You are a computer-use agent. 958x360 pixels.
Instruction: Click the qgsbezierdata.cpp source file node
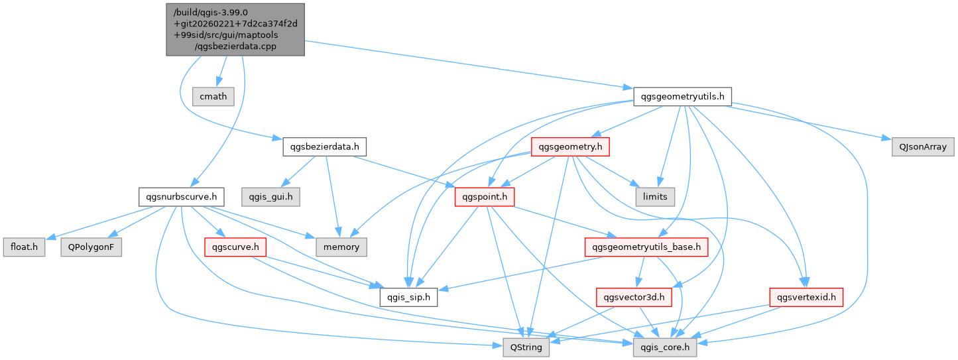pyautogui.click(x=235, y=29)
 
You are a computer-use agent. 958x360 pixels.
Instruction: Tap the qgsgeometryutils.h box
pyautogui.click(x=682, y=96)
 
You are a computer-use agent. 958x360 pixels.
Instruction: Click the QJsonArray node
pyautogui.click(x=918, y=146)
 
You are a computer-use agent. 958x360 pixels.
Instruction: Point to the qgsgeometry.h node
pyautogui.click(x=571, y=147)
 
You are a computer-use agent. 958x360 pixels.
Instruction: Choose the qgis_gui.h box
pyautogui.click(x=270, y=196)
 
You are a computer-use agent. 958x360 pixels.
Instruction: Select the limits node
pyautogui.click(x=655, y=196)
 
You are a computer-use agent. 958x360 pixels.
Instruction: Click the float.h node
pyautogui.click(x=23, y=247)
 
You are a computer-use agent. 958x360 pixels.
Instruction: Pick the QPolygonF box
pyautogui.click(x=91, y=247)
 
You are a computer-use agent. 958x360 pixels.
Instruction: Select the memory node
pyautogui.click(x=341, y=247)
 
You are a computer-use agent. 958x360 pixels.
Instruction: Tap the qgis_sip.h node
pyautogui.click(x=409, y=297)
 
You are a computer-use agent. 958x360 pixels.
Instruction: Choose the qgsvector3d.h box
pyautogui.click(x=634, y=297)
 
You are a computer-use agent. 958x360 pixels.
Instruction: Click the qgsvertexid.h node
pyautogui.click(x=806, y=297)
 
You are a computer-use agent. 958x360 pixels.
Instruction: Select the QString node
pyautogui.click(x=526, y=347)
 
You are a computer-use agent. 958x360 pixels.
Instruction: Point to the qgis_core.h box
pyautogui.click(x=665, y=347)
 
